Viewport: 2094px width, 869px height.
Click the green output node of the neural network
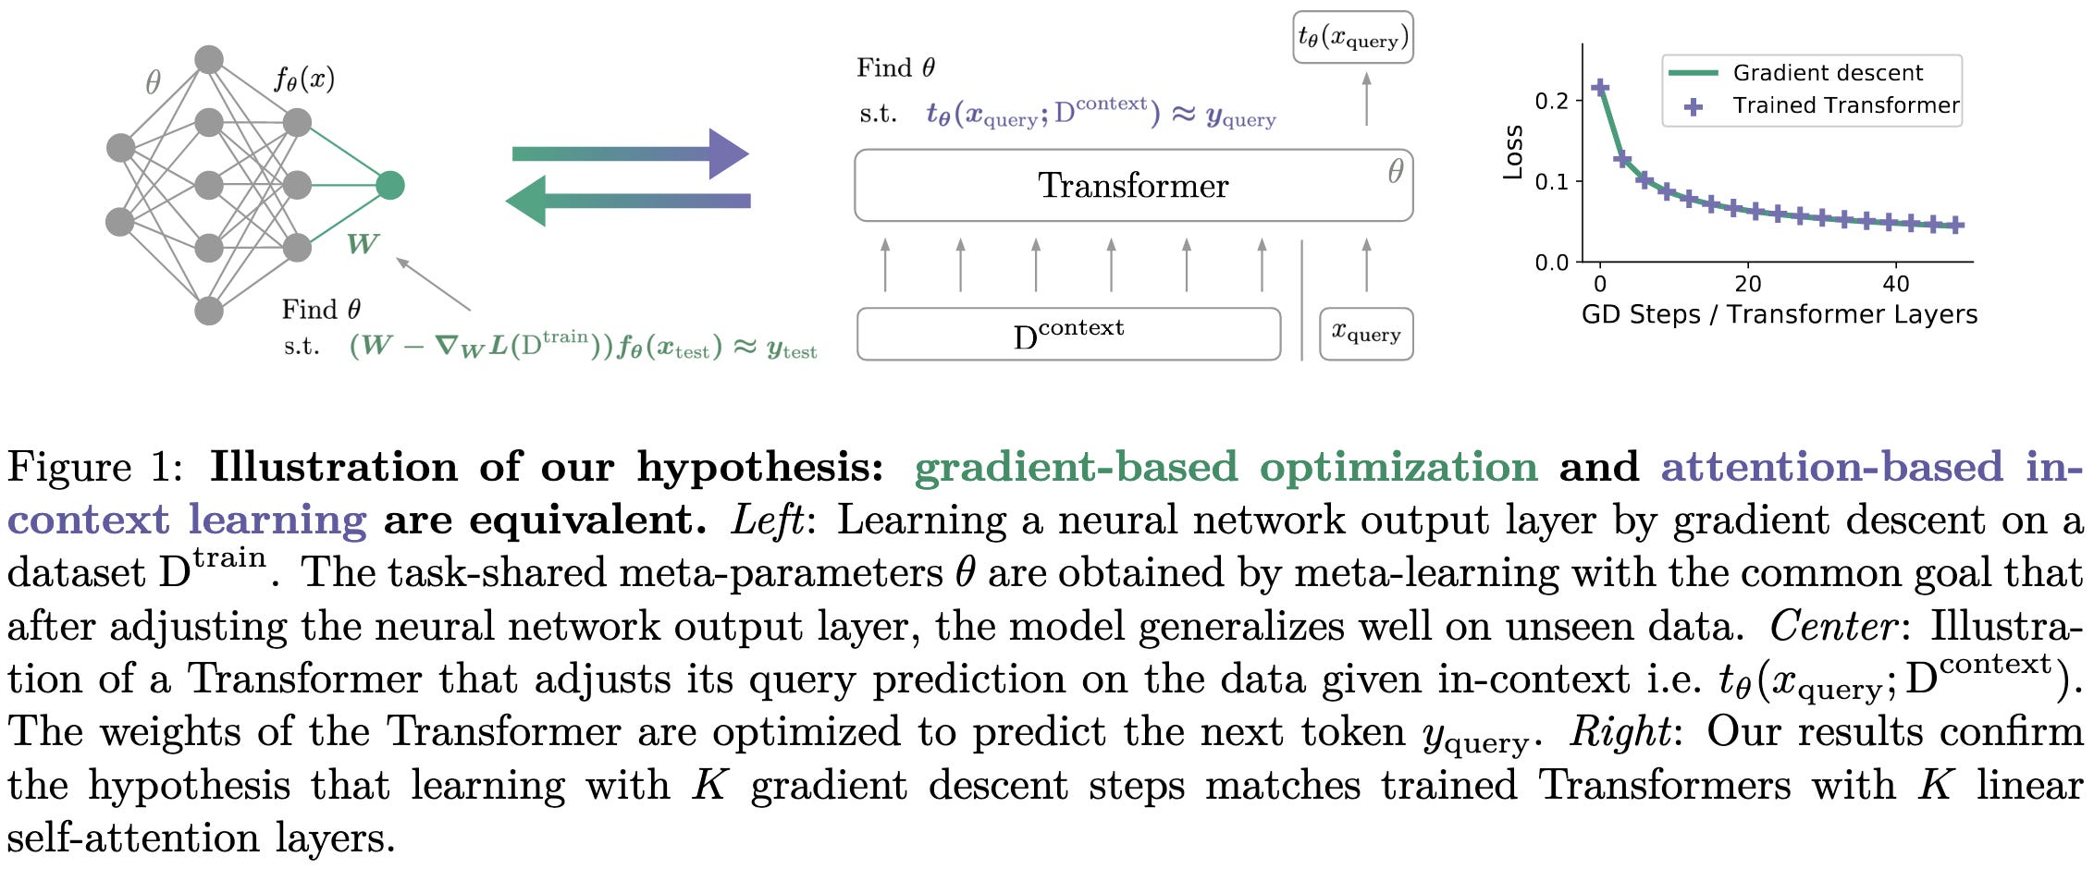390,185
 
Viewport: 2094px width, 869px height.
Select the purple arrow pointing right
629,153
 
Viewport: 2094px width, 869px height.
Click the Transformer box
1133,185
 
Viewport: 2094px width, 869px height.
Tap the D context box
1068,335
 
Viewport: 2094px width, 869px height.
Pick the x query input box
1366,334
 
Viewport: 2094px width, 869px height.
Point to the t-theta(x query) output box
1352,38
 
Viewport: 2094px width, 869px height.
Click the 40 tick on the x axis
1896,283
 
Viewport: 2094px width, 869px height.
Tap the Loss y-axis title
1513,152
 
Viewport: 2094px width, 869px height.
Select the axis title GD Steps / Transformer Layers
1779,314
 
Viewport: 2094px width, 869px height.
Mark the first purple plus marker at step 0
1600,88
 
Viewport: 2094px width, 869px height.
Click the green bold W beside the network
362,244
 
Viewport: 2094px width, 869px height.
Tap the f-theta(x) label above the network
304,79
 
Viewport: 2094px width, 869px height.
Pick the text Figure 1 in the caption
96,467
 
